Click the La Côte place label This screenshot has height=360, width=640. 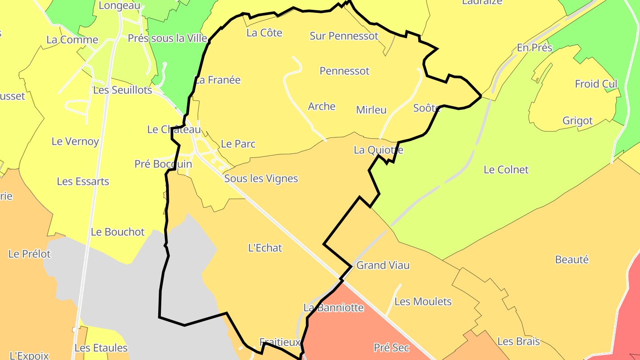coord(264,33)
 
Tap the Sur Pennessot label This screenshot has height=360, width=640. coord(344,36)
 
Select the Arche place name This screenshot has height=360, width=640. coord(321,107)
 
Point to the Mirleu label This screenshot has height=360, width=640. coord(371,110)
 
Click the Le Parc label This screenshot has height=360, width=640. coord(238,144)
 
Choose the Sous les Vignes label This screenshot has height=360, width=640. coord(261,179)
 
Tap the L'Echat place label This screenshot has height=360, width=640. coord(265,248)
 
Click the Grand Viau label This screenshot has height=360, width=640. coord(383,266)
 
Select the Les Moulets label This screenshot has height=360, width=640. coord(423,302)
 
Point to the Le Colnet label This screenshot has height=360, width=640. coord(506,170)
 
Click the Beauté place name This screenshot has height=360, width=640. coord(572,260)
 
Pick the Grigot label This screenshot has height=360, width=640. coord(577,121)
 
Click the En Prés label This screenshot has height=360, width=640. coord(534,48)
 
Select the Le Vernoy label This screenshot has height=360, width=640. coord(75,142)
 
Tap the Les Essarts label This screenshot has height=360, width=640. coord(83,182)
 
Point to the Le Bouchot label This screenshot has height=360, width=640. coord(117,232)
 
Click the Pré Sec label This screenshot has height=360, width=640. coord(391,348)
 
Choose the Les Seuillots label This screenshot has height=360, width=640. coord(122,91)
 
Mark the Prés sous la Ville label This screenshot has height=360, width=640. coord(168,39)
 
